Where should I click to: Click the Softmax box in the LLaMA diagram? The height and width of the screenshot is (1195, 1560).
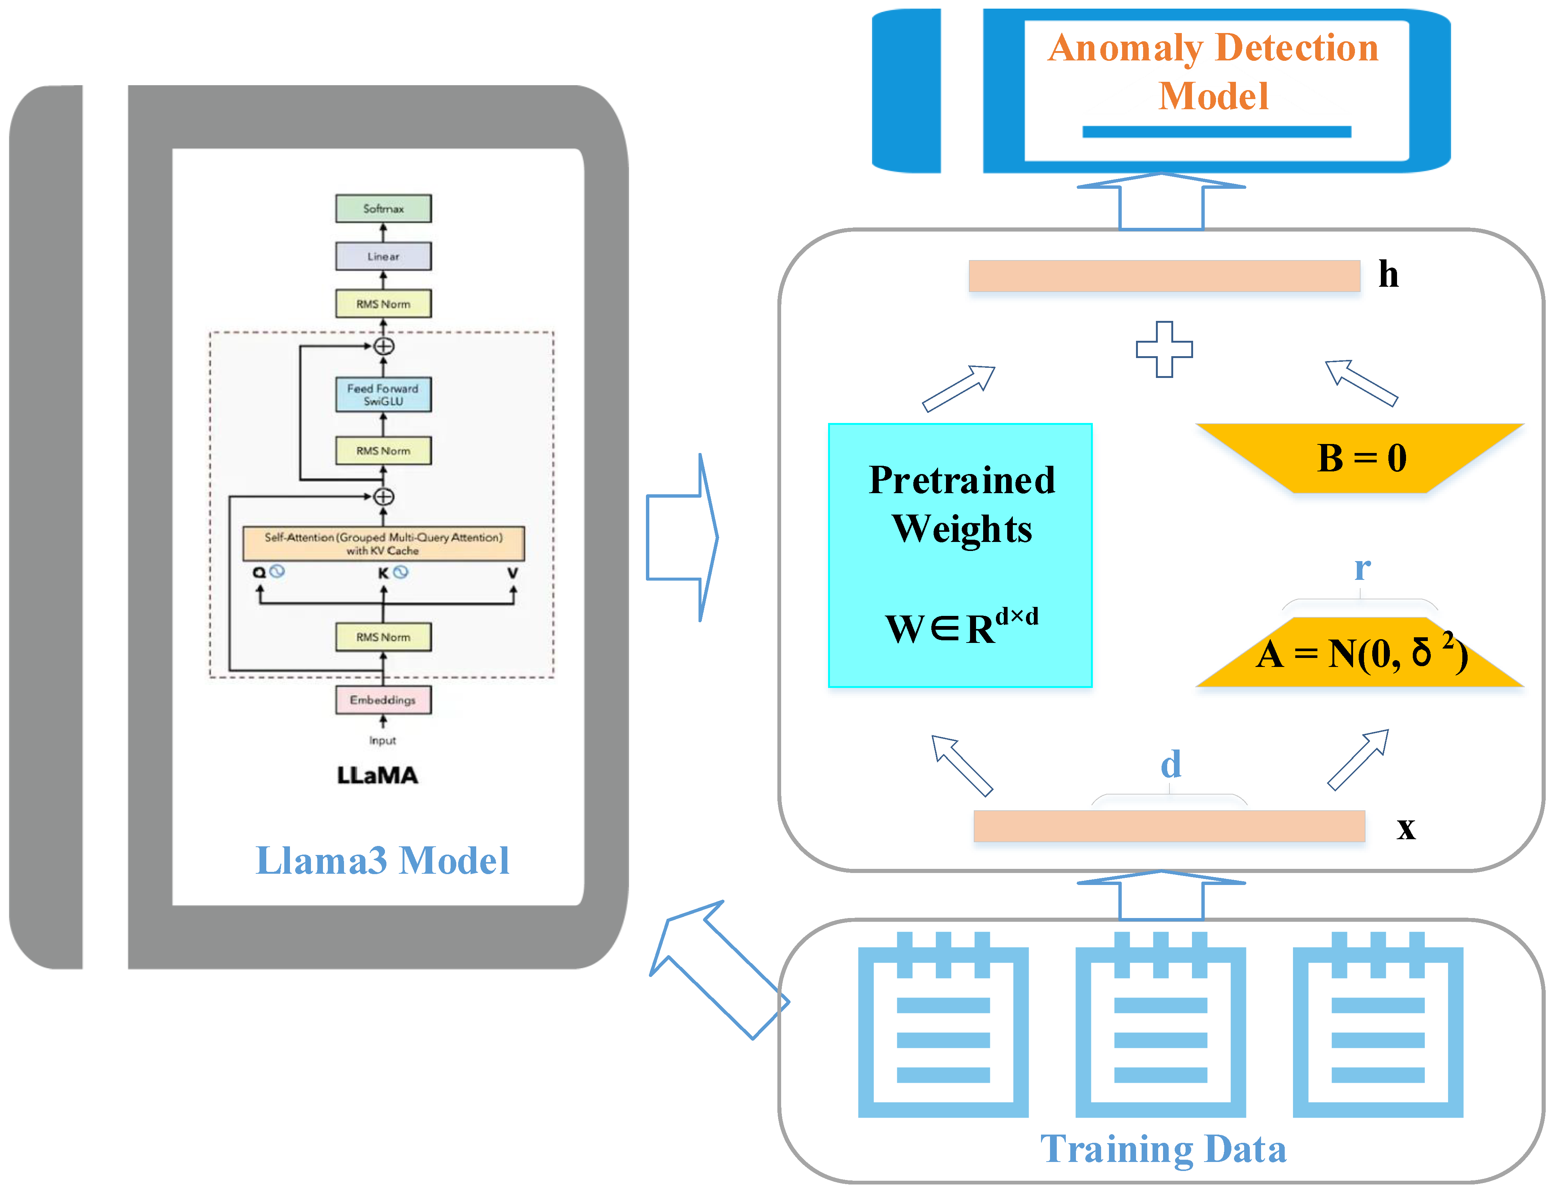tap(383, 208)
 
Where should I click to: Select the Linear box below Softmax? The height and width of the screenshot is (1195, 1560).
tap(383, 256)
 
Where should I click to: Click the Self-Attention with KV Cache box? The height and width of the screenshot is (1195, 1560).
tap(383, 543)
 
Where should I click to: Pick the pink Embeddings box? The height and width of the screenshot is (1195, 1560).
tap(383, 700)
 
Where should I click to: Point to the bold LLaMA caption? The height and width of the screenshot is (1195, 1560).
tap(377, 775)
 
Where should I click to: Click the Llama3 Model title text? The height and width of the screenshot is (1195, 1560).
tap(382, 861)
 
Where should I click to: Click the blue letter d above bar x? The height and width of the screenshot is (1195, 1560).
tap(1171, 765)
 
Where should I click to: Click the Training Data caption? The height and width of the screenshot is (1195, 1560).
tap(1163, 1149)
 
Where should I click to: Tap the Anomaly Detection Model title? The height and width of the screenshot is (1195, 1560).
tap(1213, 71)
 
